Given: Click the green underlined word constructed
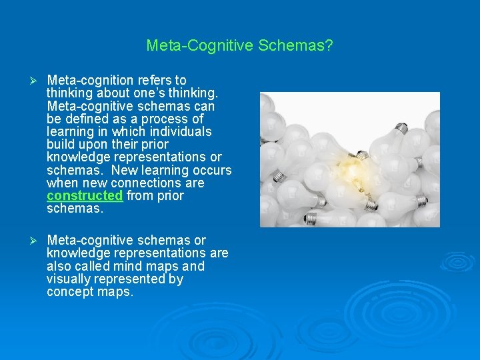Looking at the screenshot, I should [85, 196].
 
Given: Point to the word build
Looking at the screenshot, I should [61, 145].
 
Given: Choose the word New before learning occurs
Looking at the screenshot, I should [126, 170].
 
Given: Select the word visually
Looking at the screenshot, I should [69, 279].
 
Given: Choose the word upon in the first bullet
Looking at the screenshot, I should [100, 145].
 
